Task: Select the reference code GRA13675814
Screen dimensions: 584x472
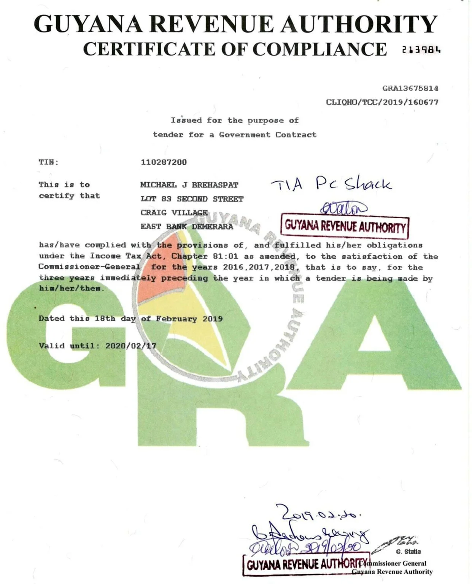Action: click(x=410, y=89)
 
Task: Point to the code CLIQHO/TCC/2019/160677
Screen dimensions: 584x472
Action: click(x=382, y=102)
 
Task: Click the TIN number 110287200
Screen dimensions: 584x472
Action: click(x=164, y=162)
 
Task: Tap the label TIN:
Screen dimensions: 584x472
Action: click(x=49, y=162)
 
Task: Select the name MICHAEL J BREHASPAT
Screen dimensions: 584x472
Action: click(x=189, y=185)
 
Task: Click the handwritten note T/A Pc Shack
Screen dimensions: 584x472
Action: click(x=331, y=184)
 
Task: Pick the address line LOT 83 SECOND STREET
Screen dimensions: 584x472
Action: click(x=192, y=199)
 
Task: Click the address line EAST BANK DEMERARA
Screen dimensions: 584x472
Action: click(x=187, y=227)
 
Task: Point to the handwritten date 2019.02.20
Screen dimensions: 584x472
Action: click(x=318, y=513)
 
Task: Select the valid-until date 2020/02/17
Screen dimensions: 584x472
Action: click(x=131, y=346)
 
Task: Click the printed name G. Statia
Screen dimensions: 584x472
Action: click(x=408, y=551)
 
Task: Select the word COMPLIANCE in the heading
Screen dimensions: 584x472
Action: click(x=320, y=49)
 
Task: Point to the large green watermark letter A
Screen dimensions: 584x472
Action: click(x=375, y=342)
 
